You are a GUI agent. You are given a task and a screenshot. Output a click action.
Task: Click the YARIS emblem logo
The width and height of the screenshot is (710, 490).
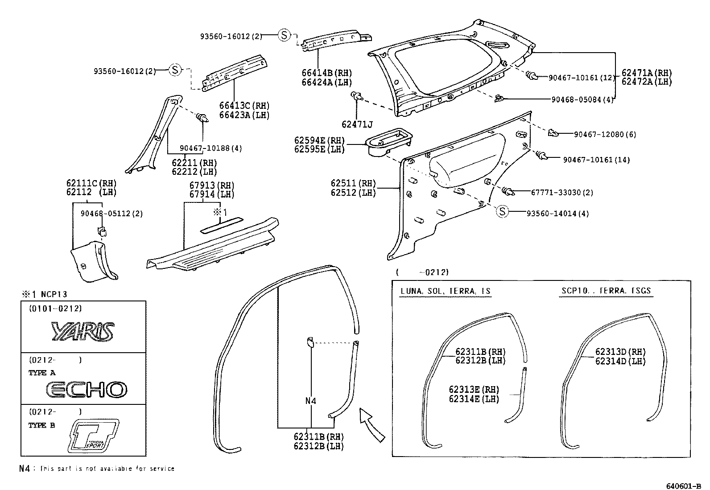[x=83, y=332]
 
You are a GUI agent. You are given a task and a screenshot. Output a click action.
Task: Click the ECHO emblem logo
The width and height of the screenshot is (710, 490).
[x=87, y=390]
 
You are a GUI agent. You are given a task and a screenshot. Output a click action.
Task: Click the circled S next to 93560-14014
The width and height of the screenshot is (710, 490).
[x=503, y=212]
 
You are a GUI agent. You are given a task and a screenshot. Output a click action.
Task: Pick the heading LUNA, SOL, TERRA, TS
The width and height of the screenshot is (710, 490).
[x=445, y=291]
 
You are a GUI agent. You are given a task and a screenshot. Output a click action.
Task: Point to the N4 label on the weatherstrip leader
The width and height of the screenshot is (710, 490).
[x=310, y=401]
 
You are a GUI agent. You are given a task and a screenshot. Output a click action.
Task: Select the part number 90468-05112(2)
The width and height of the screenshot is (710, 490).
[x=111, y=214]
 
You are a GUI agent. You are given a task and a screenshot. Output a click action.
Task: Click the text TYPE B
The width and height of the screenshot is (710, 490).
[x=41, y=425]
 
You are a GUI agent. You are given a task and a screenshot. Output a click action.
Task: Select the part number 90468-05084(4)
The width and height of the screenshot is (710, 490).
[x=582, y=99]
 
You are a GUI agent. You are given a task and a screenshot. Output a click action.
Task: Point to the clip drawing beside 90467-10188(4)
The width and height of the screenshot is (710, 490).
[x=202, y=118]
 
